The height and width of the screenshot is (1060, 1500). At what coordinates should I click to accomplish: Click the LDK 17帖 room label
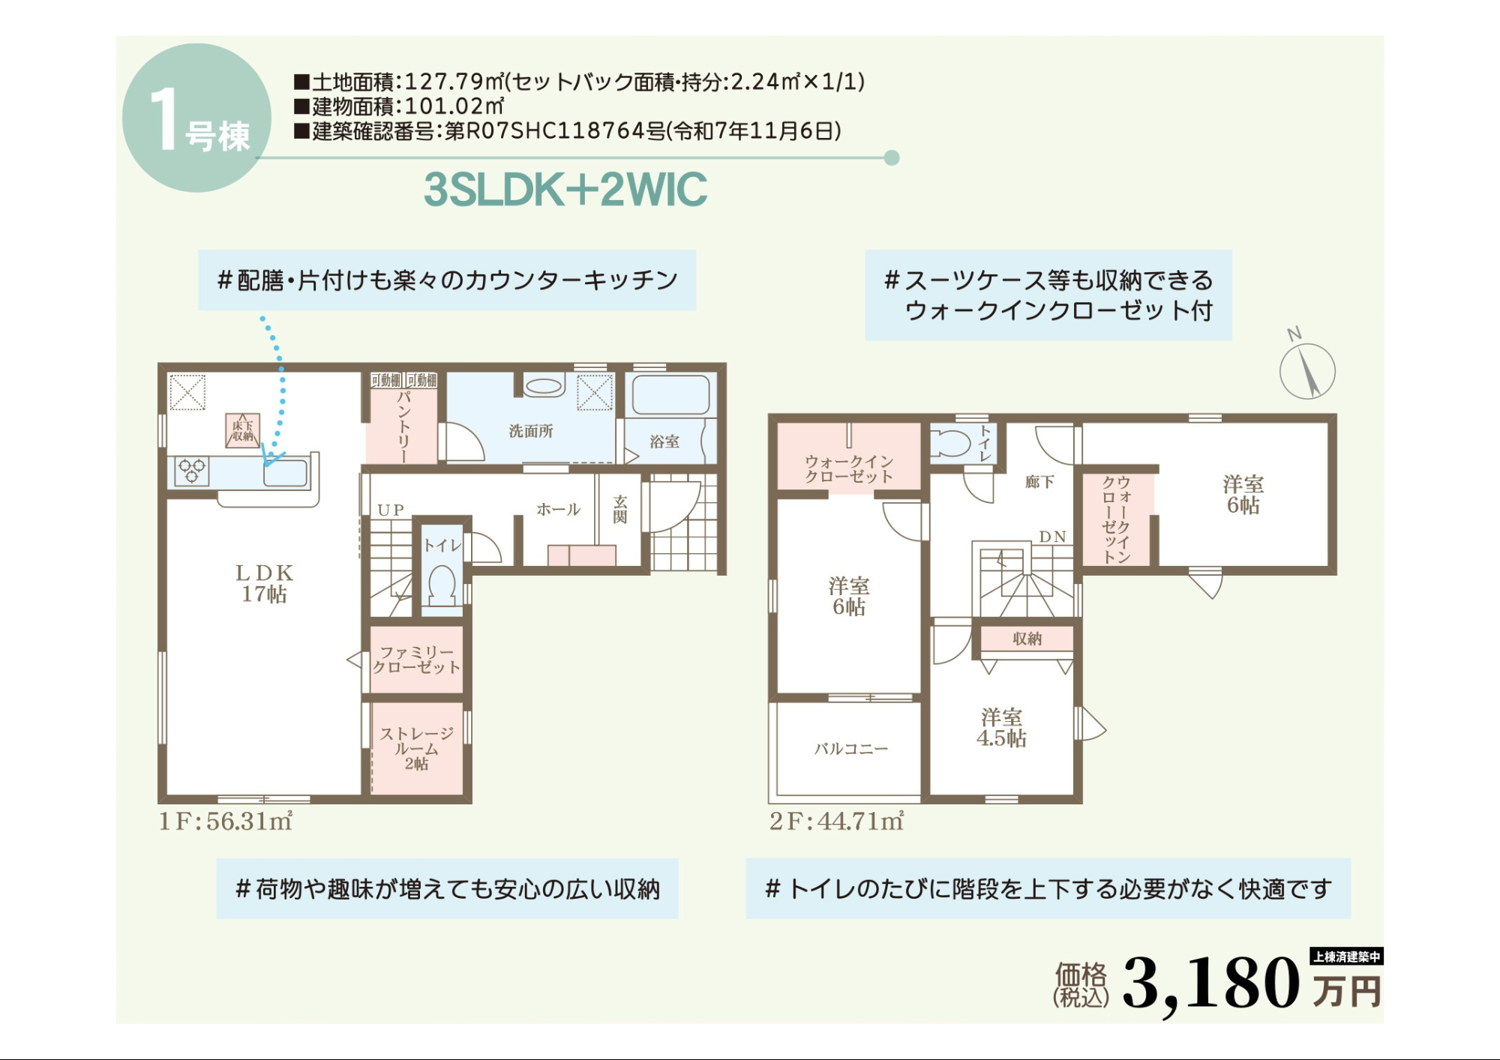(264, 583)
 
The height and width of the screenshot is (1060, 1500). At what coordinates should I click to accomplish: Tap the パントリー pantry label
(404, 426)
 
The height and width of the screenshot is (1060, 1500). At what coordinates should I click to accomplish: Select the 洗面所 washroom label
(531, 431)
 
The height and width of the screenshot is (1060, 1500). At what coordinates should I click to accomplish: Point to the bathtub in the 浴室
(670, 395)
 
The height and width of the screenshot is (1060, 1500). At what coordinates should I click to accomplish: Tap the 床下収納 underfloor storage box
(243, 430)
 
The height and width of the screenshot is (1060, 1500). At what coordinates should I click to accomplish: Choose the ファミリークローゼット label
(417, 660)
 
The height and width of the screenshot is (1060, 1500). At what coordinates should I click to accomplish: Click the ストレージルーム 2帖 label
(417, 748)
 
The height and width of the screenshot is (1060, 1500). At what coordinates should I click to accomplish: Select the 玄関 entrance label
(620, 509)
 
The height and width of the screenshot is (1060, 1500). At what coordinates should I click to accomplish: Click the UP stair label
(391, 510)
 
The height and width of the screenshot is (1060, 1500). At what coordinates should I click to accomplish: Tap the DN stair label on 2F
(1052, 537)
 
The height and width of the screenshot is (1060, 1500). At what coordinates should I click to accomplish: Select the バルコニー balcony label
(851, 748)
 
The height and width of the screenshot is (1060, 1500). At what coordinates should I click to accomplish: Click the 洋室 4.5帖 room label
(1001, 728)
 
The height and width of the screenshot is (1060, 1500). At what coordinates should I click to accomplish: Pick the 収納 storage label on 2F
(1027, 639)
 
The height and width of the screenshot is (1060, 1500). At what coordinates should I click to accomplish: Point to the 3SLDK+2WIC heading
(565, 189)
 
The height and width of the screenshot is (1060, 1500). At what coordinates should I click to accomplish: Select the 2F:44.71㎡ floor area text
(836, 821)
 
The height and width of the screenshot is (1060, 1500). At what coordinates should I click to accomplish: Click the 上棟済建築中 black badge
(1347, 957)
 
